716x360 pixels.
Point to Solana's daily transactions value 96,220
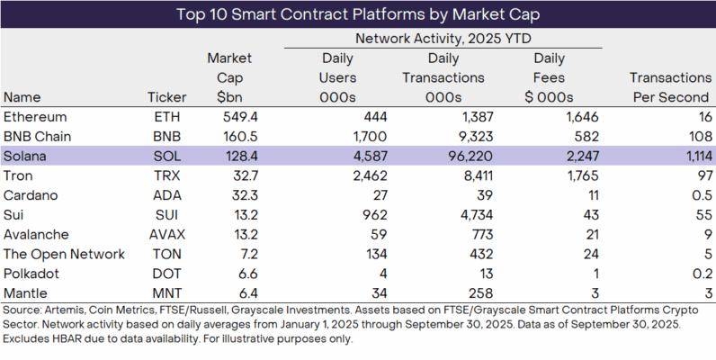click(x=457, y=157)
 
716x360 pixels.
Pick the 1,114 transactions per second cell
click(x=689, y=157)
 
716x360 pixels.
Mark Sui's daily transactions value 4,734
click(x=462, y=215)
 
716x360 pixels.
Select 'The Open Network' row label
click(x=64, y=255)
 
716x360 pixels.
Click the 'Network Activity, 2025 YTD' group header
click(x=443, y=39)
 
